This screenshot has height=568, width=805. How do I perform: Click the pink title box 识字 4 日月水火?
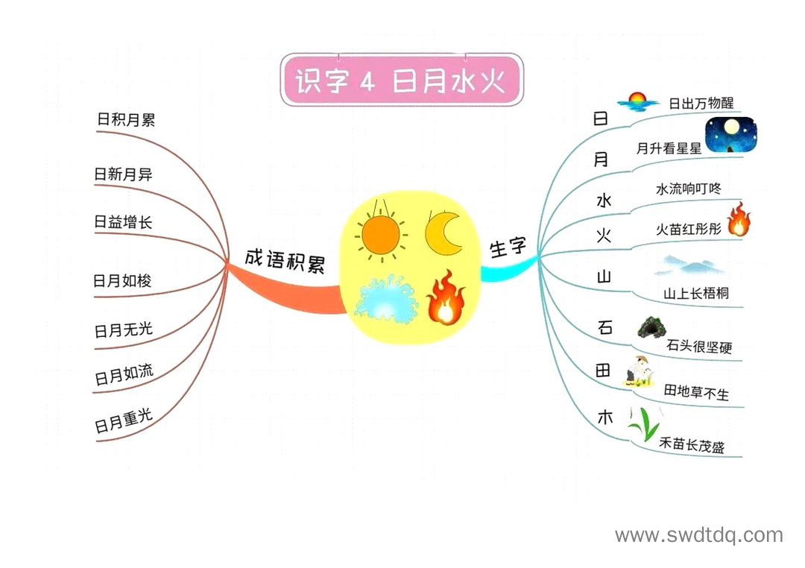point(402,80)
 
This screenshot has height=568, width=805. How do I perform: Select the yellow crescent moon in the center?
point(443,233)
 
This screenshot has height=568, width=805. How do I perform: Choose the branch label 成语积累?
point(285,260)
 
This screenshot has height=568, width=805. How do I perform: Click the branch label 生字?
point(508,247)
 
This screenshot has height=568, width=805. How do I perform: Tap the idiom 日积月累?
point(126,120)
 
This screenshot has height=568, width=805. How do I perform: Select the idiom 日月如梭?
point(122,280)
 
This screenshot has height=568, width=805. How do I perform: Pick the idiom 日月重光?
point(124,420)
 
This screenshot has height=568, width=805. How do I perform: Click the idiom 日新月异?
point(123,174)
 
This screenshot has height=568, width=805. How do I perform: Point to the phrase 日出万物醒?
point(701,103)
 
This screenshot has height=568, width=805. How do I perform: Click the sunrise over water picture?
point(637,102)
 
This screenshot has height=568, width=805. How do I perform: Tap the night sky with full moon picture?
point(731,135)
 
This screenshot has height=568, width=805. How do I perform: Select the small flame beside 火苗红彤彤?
point(739,219)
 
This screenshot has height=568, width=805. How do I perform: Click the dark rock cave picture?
point(652,327)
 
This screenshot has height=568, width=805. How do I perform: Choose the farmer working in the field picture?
point(639,371)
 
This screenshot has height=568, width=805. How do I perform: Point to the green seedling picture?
point(644,424)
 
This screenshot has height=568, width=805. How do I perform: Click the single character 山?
point(604,277)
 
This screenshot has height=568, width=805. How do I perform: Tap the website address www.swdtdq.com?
point(699,535)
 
